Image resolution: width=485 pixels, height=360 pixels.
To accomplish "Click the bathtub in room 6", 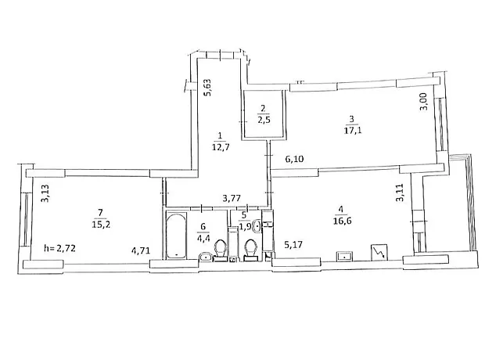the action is [177, 236].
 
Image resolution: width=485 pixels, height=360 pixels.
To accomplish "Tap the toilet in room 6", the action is [221, 250].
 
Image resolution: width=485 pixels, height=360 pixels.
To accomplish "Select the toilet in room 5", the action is [250, 250].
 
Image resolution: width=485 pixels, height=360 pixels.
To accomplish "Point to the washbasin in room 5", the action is [257, 226].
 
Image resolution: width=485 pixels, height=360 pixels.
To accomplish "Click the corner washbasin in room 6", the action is [206, 257].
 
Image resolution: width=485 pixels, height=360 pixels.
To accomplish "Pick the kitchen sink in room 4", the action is [344, 256].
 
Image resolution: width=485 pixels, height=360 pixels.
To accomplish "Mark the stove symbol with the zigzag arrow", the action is [379, 252].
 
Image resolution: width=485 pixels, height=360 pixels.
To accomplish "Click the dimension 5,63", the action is [207, 88].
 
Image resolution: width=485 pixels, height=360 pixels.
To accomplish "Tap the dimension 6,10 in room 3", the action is [294, 159].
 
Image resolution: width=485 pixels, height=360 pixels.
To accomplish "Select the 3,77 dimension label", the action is [232, 198].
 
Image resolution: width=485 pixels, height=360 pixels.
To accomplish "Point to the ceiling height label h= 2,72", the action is [59, 247].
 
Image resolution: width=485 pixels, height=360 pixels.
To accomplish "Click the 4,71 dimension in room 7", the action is [141, 250].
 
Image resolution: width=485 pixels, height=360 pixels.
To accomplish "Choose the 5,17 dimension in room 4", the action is [293, 245].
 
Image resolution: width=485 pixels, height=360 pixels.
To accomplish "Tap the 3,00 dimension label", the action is [424, 102].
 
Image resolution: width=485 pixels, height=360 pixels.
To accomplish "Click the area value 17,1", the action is [353, 130].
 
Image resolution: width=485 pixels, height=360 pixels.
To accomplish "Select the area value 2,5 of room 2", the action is [264, 120].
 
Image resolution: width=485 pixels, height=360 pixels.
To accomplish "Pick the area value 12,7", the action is [221, 146].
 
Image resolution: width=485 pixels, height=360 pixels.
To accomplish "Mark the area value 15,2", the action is [101, 224].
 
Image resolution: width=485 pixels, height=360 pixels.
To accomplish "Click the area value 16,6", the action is [343, 221].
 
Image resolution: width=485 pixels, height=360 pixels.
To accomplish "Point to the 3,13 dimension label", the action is [45, 193].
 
